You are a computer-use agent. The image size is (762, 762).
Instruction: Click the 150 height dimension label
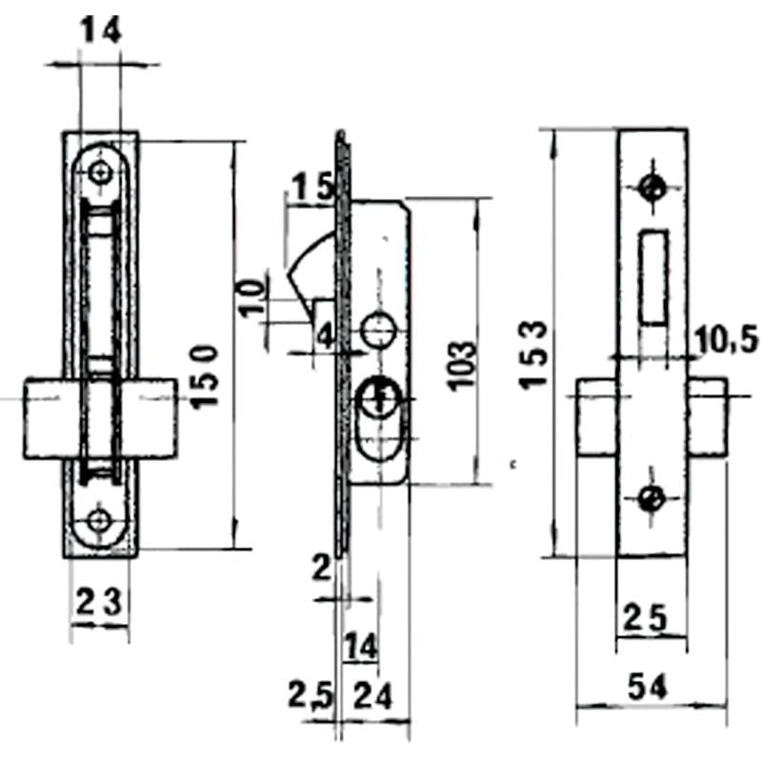[208, 376]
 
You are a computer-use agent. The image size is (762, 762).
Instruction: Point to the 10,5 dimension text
[720, 338]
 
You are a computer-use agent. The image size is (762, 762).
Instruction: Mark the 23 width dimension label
[98, 601]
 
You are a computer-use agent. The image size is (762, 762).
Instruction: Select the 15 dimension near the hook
[311, 188]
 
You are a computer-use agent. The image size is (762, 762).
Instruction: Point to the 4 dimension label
[325, 335]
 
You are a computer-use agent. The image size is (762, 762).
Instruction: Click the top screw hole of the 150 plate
[101, 171]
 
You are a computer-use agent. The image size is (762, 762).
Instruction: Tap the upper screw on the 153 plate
[652, 187]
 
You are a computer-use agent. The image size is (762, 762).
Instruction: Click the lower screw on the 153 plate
[652, 496]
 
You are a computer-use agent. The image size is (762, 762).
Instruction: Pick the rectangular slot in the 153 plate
[652, 276]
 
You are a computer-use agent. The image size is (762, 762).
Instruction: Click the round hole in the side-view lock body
[379, 331]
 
